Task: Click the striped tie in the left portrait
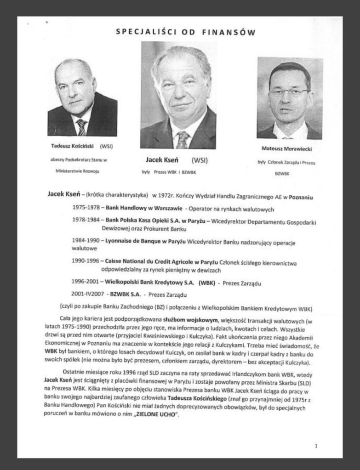point(82,127)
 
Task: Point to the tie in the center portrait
point(183,140)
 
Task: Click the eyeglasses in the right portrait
point(289,92)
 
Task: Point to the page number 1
point(316,445)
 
